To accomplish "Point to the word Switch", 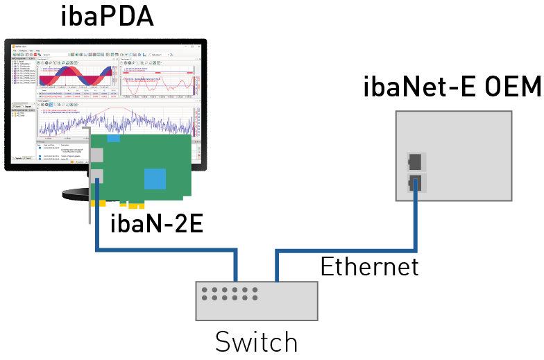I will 256,342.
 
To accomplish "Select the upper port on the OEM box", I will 416,162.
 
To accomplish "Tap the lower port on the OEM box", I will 416,183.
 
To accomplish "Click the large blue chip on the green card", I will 155,178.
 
